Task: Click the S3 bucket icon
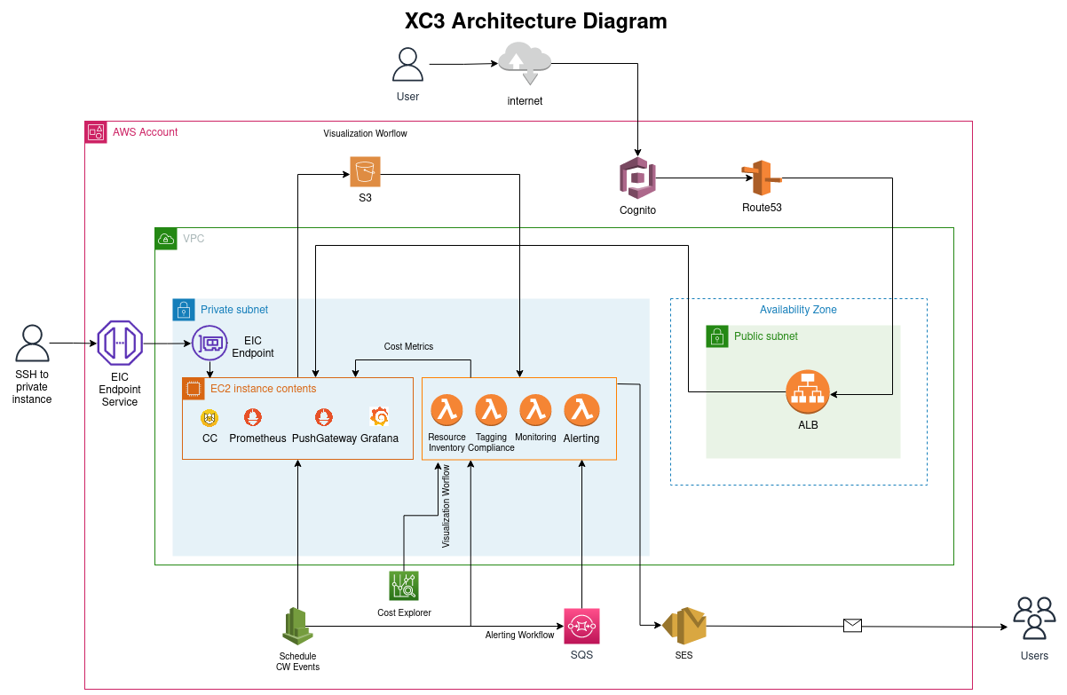click(x=365, y=171)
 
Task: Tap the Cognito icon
click(x=637, y=178)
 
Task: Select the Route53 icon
click(x=760, y=178)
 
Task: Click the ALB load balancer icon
click(x=808, y=391)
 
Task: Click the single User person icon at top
click(x=408, y=66)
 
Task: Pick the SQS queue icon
click(x=581, y=627)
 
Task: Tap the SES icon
click(x=684, y=627)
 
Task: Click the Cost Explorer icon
click(x=404, y=586)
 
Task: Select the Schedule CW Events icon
click(x=297, y=627)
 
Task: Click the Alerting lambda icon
click(x=581, y=410)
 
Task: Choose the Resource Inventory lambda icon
click(x=447, y=410)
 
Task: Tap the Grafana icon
click(x=379, y=416)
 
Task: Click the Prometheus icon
click(x=253, y=416)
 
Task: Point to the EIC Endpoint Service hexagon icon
click(x=120, y=343)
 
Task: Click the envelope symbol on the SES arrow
click(x=852, y=626)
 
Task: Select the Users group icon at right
click(x=1034, y=618)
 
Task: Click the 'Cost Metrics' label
click(x=408, y=346)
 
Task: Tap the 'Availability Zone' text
click(x=798, y=310)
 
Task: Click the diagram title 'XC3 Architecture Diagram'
click(x=535, y=21)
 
